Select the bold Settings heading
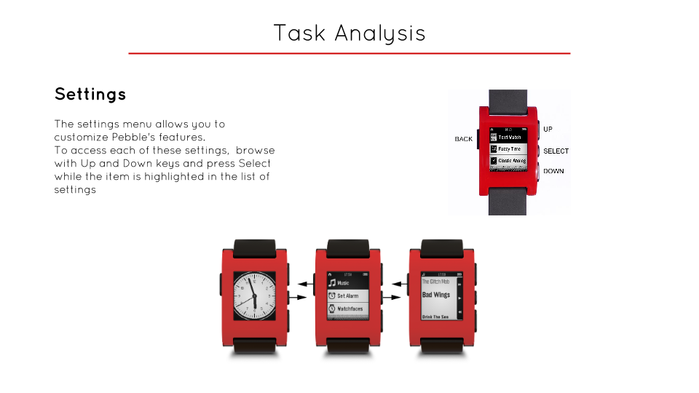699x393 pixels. click(x=90, y=94)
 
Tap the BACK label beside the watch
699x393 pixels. click(x=464, y=139)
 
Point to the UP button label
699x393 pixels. click(x=548, y=129)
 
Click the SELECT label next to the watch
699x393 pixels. click(x=556, y=151)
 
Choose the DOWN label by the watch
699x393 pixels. click(x=553, y=171)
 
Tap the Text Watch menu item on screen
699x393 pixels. click(x=510, y=137)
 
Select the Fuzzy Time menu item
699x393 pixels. click(x=510, y=148)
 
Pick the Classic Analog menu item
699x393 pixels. click(x=512, y=160)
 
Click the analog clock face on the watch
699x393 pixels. click(x=254, y=295)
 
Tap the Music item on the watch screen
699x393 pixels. click(x=343, y=282)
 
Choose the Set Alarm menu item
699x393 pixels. click(x=347, y=296)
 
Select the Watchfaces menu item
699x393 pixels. click(x=349, y=309)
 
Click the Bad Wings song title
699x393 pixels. click(x=436, y=295)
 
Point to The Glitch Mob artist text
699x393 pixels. click(x=435, y=281)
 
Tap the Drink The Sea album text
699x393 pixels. click(x=435, y=317)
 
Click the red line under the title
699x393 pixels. click(x=349, y=53)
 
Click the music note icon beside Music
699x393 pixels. click(x=332, y=282)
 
